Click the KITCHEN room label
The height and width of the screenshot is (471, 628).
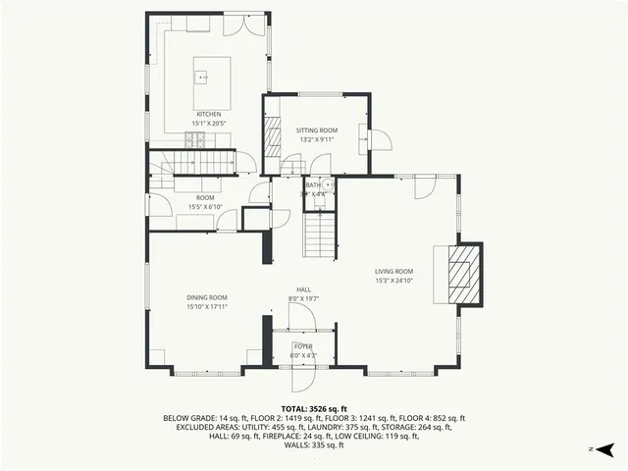point(208,114)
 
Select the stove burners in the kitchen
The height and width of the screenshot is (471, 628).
point(199,139)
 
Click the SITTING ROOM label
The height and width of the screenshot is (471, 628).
point(317,131)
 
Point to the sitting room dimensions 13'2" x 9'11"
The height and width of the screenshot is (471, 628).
point(317,139)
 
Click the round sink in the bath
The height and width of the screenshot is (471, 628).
point(327,183)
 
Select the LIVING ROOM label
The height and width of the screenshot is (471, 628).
point(393,272)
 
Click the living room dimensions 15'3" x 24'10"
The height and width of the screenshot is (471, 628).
point(393,281)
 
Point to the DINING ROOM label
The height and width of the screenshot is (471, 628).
point(207,297)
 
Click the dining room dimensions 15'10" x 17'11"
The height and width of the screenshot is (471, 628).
point(207,306)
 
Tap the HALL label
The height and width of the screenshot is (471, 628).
point(304,289)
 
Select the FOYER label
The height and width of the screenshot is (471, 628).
point(304,346)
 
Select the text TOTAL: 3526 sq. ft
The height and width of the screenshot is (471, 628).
point(314,408)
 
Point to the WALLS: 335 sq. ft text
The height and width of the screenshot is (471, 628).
point(314,445)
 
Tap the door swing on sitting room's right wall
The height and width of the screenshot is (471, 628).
point(381,138)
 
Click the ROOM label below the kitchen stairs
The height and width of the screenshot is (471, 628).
point(205,197)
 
